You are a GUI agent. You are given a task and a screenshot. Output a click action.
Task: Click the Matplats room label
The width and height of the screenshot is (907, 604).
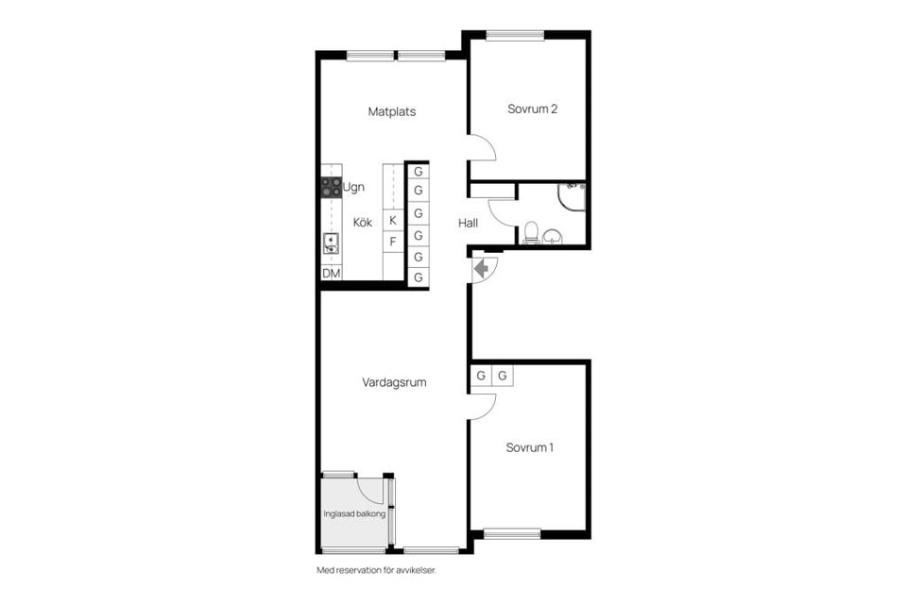pos(391,111)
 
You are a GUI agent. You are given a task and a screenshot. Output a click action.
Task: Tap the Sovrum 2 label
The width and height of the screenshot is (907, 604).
pos(532,109)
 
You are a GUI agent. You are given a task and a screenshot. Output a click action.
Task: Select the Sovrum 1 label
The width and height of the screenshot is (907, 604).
pos(529,447)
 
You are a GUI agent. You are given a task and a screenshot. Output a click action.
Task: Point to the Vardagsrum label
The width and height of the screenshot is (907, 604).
pos(394,383)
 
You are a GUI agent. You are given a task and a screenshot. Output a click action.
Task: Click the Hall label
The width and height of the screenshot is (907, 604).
pos(468,224)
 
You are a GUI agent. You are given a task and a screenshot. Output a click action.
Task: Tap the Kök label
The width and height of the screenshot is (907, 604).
pos(363,223)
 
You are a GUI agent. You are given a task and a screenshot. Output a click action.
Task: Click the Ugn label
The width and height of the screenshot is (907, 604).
pos(353,187)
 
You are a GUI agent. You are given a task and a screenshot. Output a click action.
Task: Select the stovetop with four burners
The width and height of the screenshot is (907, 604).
pos(331,187)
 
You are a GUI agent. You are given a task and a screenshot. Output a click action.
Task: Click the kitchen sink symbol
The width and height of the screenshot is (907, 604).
pos(331,243)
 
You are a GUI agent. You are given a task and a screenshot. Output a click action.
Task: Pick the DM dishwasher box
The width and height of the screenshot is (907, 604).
pos(331,274)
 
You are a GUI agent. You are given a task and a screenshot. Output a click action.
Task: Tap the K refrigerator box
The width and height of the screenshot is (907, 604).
pos(393,220)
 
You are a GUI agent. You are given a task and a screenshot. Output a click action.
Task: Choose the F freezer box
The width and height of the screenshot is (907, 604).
pos(393,242)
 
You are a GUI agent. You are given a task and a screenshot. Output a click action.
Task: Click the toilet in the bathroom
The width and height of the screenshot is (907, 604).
pos(531,231)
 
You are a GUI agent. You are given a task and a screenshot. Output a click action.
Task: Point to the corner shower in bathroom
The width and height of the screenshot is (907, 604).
pos(573,195)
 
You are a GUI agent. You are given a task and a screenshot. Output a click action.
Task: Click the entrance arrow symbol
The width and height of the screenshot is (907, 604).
pos(482,269)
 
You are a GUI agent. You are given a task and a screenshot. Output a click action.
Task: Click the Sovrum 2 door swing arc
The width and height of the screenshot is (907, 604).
pos(484,147)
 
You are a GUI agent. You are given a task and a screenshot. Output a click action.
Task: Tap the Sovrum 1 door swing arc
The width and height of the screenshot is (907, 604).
pos(484,406)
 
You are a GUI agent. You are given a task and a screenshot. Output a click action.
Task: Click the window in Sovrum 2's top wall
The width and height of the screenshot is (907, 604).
pos(515,36)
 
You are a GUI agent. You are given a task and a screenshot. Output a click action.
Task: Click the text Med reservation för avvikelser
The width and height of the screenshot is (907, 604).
pos(376,571)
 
